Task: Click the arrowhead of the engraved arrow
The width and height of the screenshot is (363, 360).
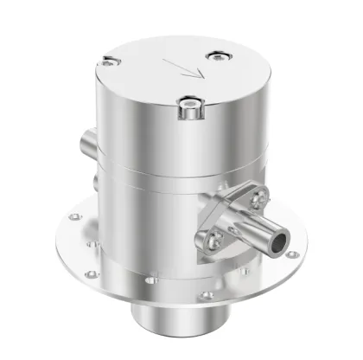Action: point(195,74)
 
